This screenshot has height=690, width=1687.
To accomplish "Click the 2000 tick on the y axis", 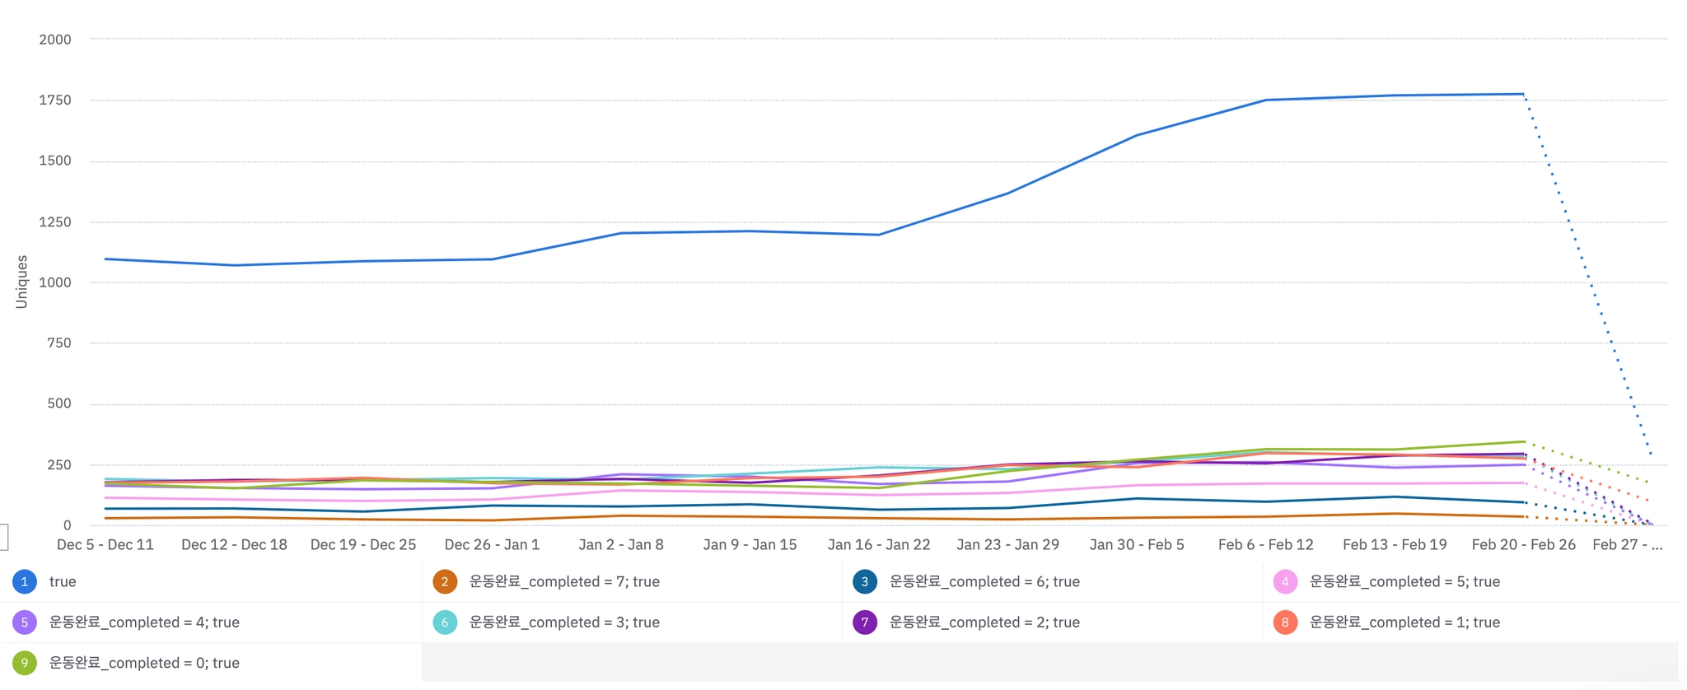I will pyautogui.click(x=55, y=40).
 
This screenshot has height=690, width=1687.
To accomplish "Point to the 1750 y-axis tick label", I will pyautogui.click(x=55, y=100).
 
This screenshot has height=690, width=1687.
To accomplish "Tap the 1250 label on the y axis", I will pyautogui.click(x=55, y=222).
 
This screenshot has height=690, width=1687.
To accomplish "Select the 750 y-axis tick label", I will pyautogui.click(x=58, y=343).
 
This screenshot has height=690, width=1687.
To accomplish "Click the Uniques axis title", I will pyautogui.click(x=21, y=282).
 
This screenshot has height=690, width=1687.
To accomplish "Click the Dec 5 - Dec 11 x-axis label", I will pyautogui.click(x=105, y=545).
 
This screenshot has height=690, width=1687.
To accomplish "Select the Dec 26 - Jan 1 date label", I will pyautogui.click(x=492, y=545).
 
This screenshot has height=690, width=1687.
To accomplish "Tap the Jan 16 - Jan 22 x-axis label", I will pyautogui.click(x=879, y=545).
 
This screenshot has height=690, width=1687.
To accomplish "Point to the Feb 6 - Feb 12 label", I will pyautogui.click(x=1265, y=545).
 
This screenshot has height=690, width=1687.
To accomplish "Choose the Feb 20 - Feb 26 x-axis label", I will pyautogui.click(x=1523, y=545).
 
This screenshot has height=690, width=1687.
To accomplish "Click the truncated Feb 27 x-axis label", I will pyautogui.click(x=1627, y=545).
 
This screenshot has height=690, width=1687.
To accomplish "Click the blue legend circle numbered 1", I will pyautogui.click(x=25, y=582).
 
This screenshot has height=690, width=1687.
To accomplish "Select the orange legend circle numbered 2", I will pyautogui.click(x=445, y=582).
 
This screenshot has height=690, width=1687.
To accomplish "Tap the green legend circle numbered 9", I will pyautogui.click(x=25, y=663).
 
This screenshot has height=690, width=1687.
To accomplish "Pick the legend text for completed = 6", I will pyautogui.click(x=984, y=582).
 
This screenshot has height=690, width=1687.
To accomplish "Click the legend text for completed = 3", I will pyautogui.click(x=564, y=622).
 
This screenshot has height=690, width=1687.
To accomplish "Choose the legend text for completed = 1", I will pyautogui.click(x=1404, y=622).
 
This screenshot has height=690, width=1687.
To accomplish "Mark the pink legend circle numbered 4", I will pyautogui.click(x=1285, y=582).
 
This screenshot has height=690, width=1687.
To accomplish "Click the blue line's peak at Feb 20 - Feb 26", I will pyautogui.click(x=1523, y=94).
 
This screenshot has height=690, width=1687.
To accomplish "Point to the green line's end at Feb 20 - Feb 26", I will pyautogui.click(x=1524, y=441).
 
